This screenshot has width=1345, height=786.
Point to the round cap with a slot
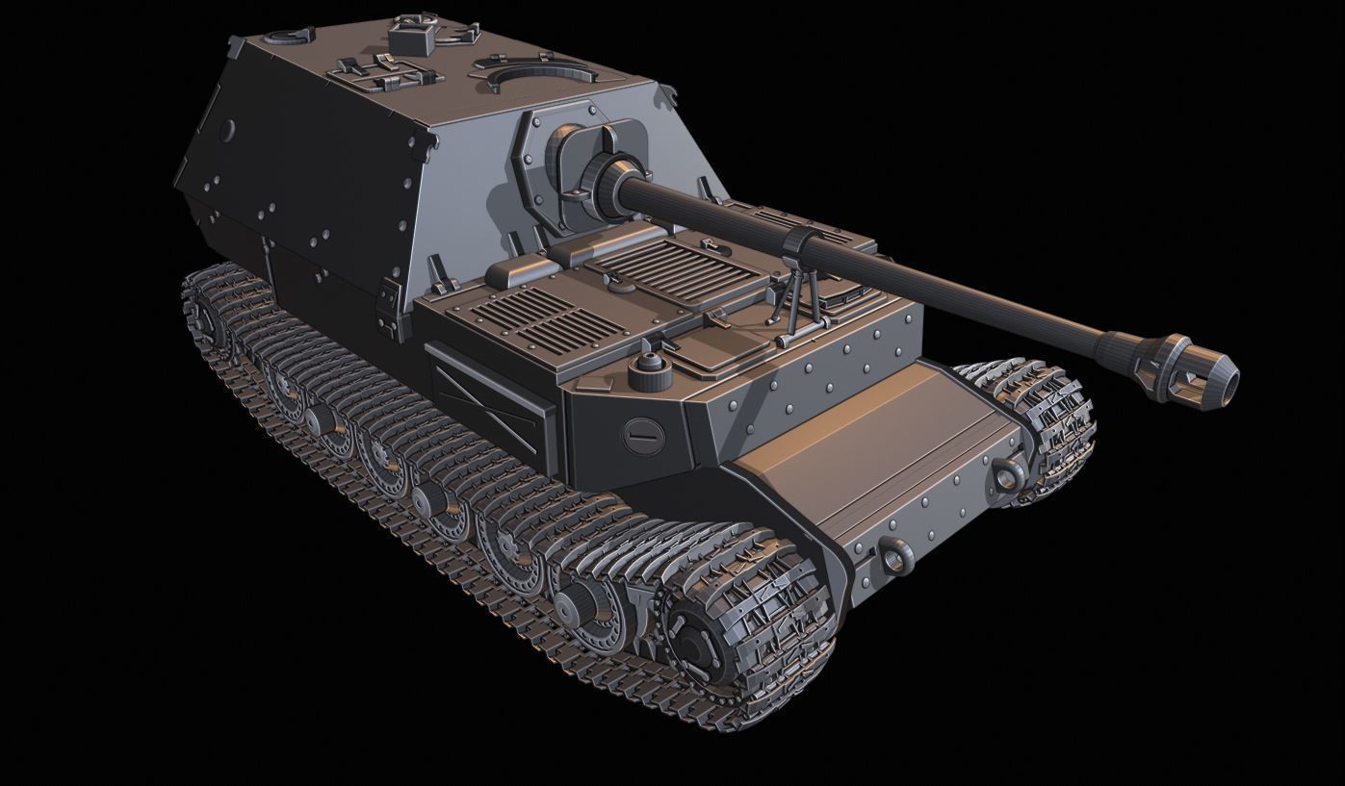(642, 435)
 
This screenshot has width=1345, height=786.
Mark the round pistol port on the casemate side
(227, 130)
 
